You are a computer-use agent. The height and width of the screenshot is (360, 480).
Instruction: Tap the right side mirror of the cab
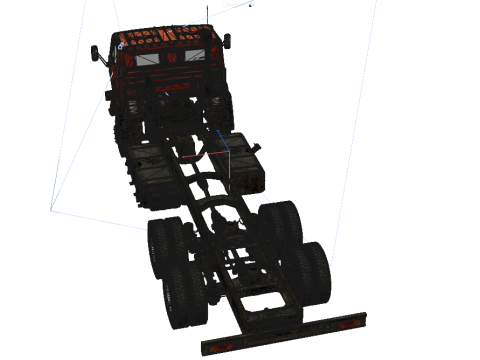227,42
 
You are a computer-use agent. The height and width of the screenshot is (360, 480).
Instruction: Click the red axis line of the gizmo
211,154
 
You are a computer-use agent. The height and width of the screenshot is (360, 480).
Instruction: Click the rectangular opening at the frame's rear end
262,305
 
